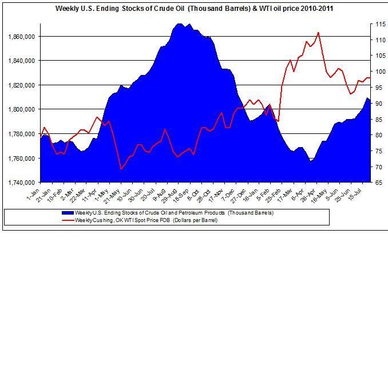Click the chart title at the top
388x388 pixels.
pyautogui.click(x=195, y=9)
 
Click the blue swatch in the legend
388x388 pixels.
pyautogui.click(x=67, y=213)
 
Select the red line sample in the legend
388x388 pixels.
pyautogui.click(x=67, y=220)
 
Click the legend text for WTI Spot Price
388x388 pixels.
pyautogui.click(x=147, y=220)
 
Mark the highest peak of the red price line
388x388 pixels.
pyautogui.click(x=318, y=33)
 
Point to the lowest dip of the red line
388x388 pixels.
pyautogui.click(x=121, y=169)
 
